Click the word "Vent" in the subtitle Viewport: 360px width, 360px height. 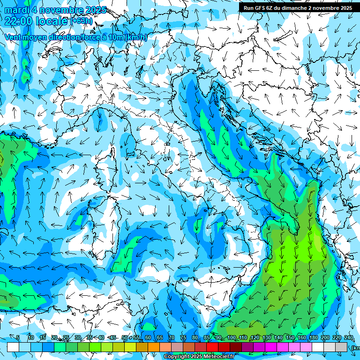pyautogui.click(x=13, y=37)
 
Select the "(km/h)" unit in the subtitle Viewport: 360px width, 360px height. pyautogui.click(x=136, y=37)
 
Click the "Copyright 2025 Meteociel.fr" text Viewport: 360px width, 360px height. pyautogui.click(x=202, y=357)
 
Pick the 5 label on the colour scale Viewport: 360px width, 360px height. pyautogui.click(x=18, y=338)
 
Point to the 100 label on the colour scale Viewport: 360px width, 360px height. pyautogui.click(x=231, y=338)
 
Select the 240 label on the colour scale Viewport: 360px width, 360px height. pyautogui.click(x=348, y=338)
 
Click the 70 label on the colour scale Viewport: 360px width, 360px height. pyautogui.click(x=172, y=338)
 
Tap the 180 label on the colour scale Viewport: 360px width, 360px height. pyautogui.click(x=313, y=338)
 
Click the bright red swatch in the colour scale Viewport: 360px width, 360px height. pyautogui.click(x=212, y=347)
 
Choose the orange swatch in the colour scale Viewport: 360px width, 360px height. pyautogui.click(x=142, y=347)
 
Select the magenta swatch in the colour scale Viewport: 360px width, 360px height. pyautogui.click(x=271, y=347)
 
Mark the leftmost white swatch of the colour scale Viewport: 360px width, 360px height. pyautogui.click(x=13, y=347)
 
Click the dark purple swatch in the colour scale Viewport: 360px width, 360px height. pyautogui.click(x=247, y=347)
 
